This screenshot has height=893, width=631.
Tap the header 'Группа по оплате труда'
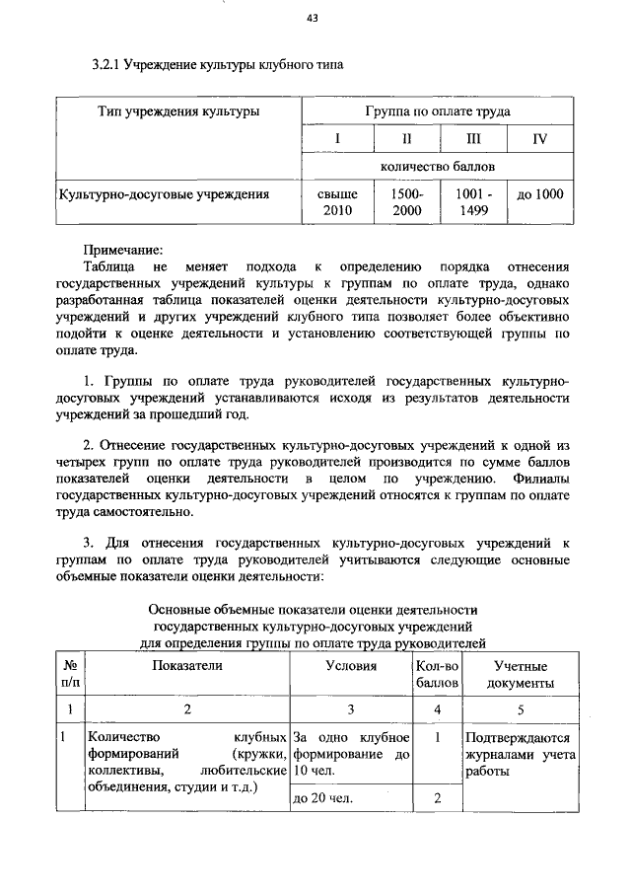tap(437, 112)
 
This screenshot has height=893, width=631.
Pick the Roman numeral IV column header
tap(538, 139)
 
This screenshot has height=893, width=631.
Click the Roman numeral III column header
tap(473, 139)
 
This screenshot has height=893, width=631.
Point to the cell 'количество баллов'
tap(437, 166)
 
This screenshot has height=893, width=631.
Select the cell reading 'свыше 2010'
tap(337, 202)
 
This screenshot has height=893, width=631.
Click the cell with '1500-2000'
tap(406, 202)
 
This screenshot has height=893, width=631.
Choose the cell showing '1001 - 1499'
tap(473, 202)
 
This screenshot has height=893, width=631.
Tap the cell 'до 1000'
tap(539, 194)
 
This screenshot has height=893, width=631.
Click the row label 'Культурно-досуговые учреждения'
tap(164, 194)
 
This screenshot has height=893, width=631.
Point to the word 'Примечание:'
tap(122, 249)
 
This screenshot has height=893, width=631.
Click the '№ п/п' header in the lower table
tap(70, 674)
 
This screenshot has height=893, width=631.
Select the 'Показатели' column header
tap(187, 666)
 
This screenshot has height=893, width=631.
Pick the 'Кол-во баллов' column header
tap(436, 674)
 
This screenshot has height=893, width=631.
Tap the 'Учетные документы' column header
tap(521, 674)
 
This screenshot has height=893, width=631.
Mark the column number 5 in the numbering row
tap(521, 708)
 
